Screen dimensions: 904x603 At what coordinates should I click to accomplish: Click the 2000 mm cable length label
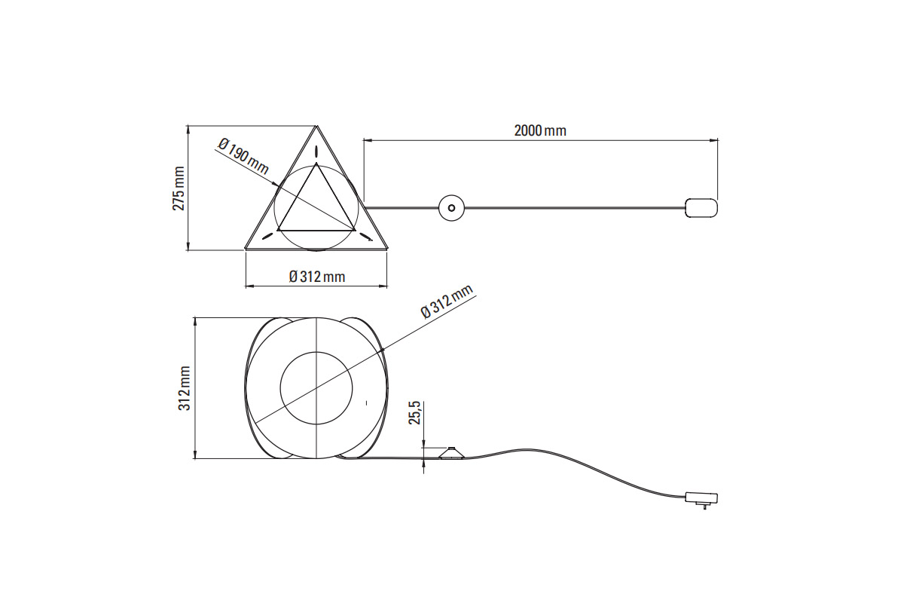(540, 131)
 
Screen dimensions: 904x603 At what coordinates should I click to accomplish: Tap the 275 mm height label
(179, 188)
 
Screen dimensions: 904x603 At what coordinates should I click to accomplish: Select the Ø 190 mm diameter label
(243, 156)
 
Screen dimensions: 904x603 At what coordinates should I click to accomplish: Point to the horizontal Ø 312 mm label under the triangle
(317, 277)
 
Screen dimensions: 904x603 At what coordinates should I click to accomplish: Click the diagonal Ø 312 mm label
(446, 301)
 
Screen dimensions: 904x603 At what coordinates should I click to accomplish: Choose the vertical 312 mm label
(185, 388)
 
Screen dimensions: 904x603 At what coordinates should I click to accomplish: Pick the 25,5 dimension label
(415, 413)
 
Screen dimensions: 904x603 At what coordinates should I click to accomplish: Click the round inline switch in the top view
(451, 208)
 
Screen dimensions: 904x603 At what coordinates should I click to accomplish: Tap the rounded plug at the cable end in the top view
(701, 208)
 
